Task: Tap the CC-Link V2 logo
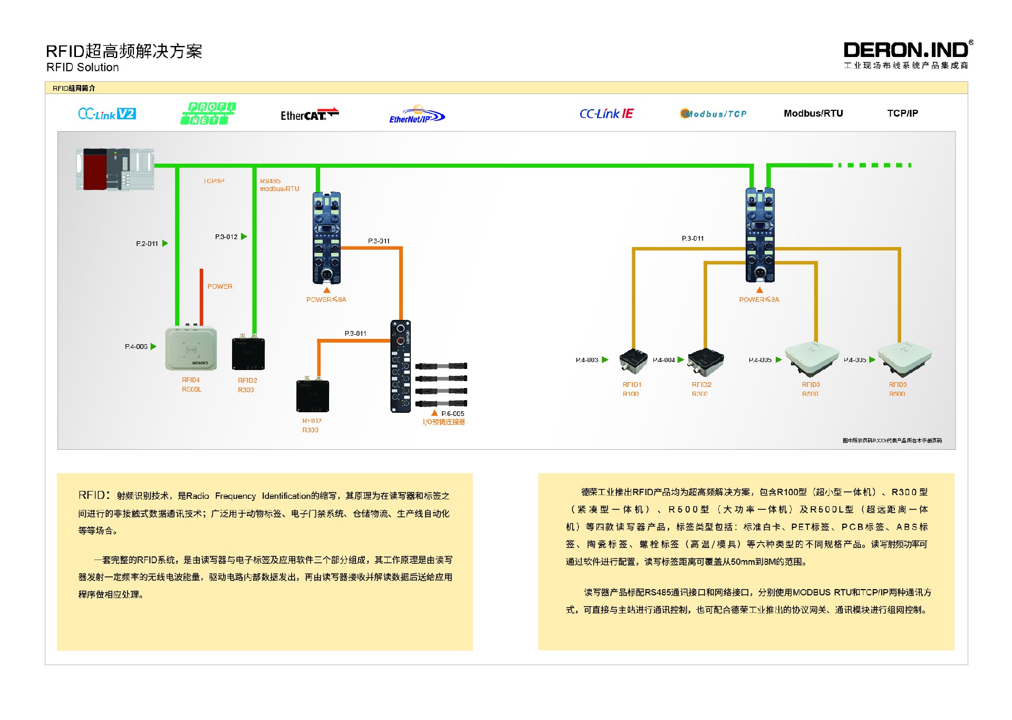point(107,114)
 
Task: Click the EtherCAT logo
point(309,115)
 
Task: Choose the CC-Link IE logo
point(606,114)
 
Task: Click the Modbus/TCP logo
point(713,113)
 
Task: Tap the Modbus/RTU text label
point(813,113)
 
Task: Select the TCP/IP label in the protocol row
point(902,113)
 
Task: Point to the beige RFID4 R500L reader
point(191,348)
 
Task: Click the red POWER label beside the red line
point(220,287)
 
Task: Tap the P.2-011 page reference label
point(147,244)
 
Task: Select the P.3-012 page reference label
point(226,237)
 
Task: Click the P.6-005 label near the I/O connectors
point(452,414)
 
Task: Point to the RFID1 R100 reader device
point(633,361)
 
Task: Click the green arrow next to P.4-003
point(605,360)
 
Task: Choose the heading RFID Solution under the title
point(83,68)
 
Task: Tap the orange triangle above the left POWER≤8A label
point(327,290)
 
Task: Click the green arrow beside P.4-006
point(153,347)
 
